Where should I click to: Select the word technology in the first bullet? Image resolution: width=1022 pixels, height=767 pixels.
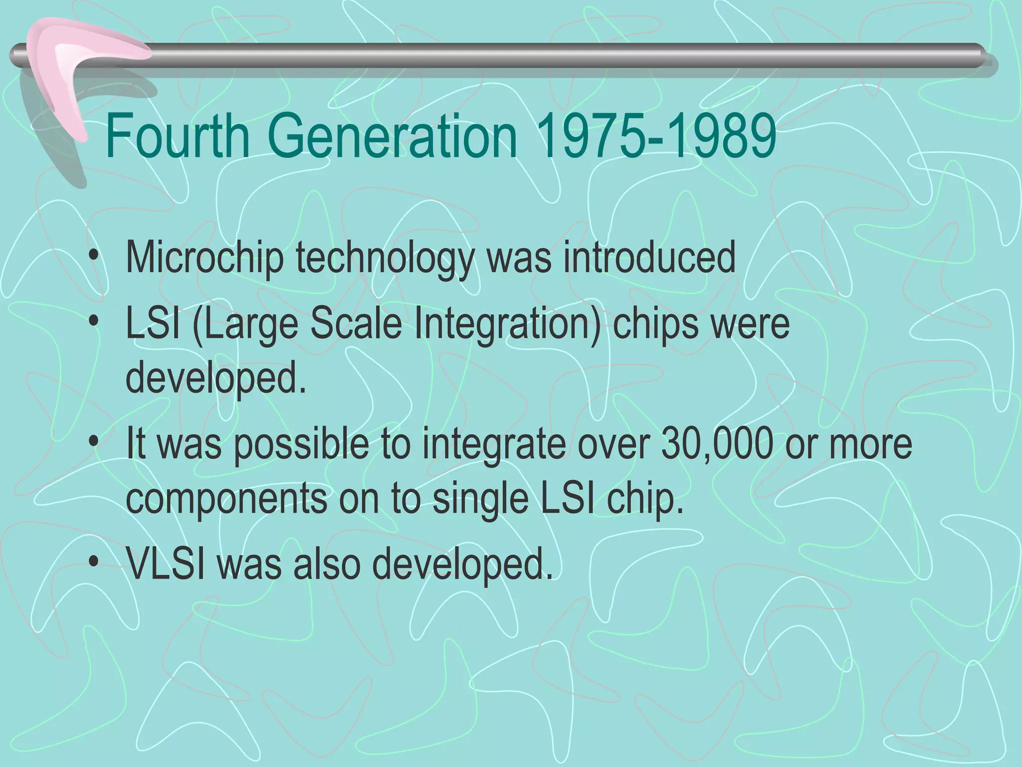tap(384, 258)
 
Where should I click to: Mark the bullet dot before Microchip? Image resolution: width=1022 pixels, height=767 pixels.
tap(93, 259)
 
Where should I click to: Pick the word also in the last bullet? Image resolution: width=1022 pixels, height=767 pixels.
tap(326, 563)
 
